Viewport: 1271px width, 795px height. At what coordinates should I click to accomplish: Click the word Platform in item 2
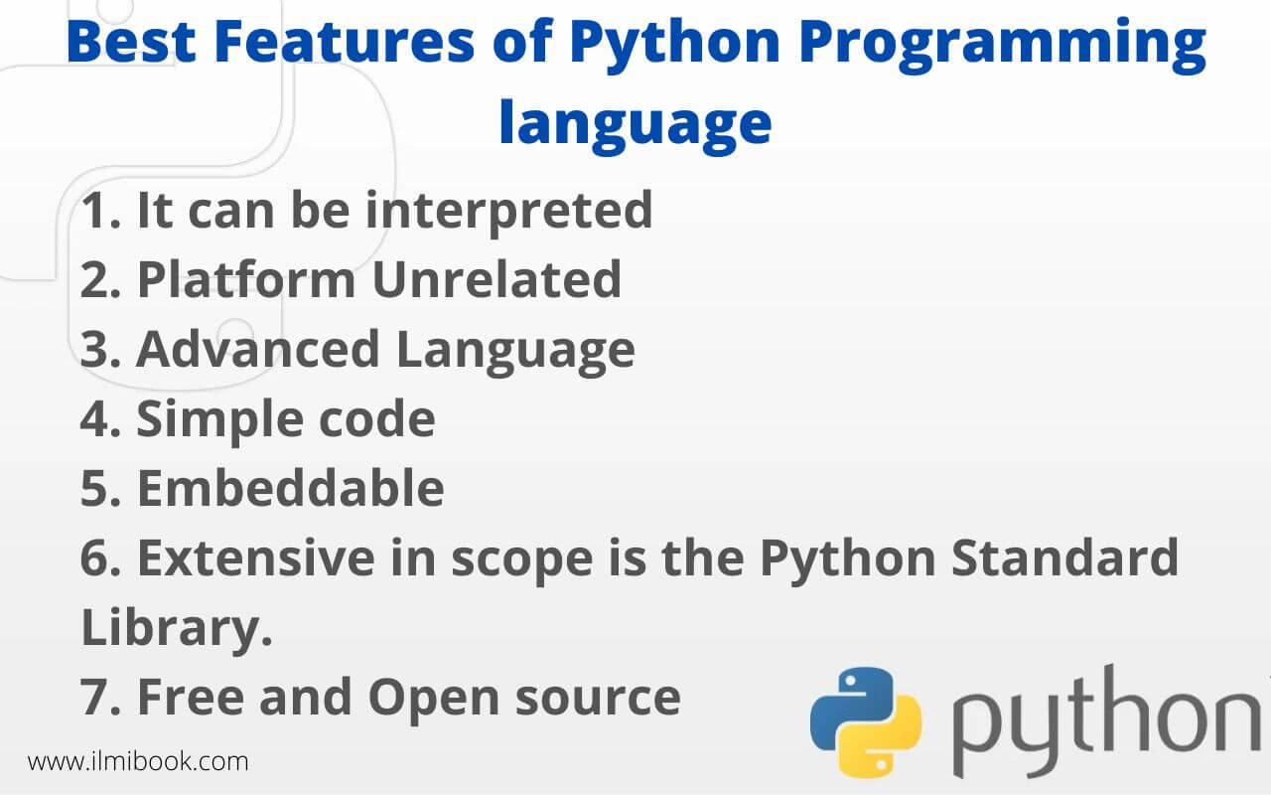pyautogui.click(x=245, y=280)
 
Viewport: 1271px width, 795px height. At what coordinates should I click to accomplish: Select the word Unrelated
pyautogui.click(x=496, y=280)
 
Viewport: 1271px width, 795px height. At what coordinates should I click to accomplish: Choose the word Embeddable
pyautogui.click(x=290, y=489)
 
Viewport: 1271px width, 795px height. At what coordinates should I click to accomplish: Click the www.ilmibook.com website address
pyautogui.click(x=138, y=762)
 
